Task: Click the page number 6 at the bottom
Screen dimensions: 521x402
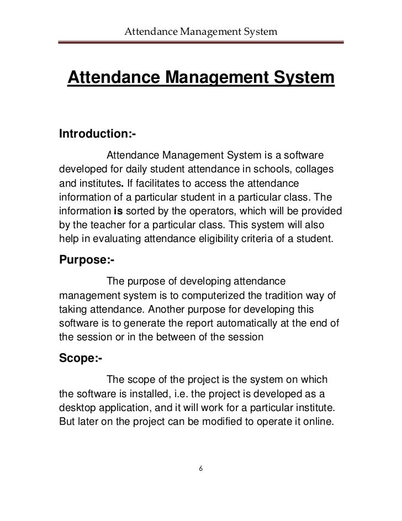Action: pos(201,469)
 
